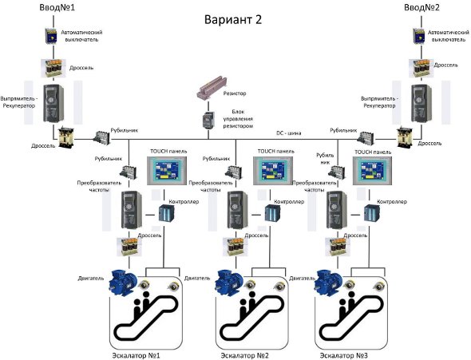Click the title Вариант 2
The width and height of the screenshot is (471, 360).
(233, 20)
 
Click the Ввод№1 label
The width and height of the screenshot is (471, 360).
(57, 7)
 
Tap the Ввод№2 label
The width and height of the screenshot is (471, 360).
(422, 7)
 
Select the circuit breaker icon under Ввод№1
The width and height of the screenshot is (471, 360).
(51, 37)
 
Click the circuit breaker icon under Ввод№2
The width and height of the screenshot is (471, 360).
(419, 37)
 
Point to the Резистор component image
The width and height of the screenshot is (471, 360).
(212, 88)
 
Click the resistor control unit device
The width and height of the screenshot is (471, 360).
(208, 120)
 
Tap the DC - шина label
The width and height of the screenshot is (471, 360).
(288, 133)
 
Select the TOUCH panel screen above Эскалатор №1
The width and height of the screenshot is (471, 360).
(167, 170)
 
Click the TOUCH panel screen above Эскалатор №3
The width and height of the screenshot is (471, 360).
(373, 170)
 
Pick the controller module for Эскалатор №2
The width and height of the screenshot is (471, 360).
(272, 213)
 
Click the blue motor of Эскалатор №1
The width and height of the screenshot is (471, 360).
(123, 283)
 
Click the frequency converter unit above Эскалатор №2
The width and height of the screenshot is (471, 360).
(238, 210)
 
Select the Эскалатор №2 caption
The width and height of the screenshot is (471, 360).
(244, 355)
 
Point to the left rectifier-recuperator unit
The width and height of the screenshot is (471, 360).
(53, 103)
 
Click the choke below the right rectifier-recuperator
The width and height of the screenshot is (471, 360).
(406, 138)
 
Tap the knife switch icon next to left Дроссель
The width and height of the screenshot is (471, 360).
(102, 137)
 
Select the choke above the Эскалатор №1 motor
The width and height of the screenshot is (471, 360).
(129, 247)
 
